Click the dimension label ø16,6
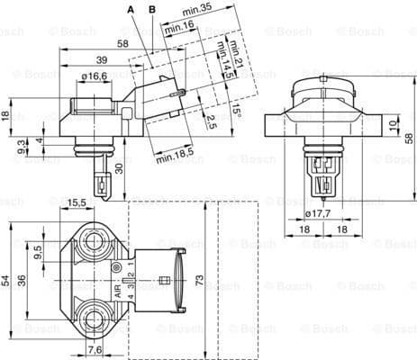coord(94,76)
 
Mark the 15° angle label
coord(237,111)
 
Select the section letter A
coord(131,8)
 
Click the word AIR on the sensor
coord(118,292)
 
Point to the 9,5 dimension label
coord(38,255)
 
